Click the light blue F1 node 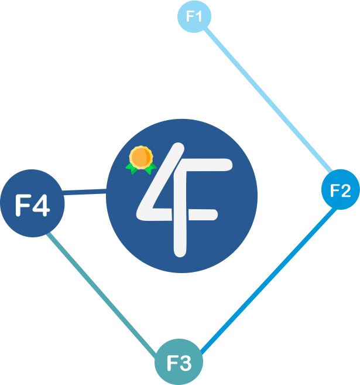click(194, 16)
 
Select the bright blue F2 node click(340, 190)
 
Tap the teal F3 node click(179, 363)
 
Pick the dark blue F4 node click(32, 205)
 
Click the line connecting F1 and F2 click(266, 97)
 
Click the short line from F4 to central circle click(85, 192)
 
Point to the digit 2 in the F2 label click(346, 190)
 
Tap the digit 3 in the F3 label click(186, 363)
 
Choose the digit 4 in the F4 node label click(42, 206)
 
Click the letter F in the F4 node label click(23, 205)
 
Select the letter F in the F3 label click(173, 363)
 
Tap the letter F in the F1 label click(190, 16)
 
